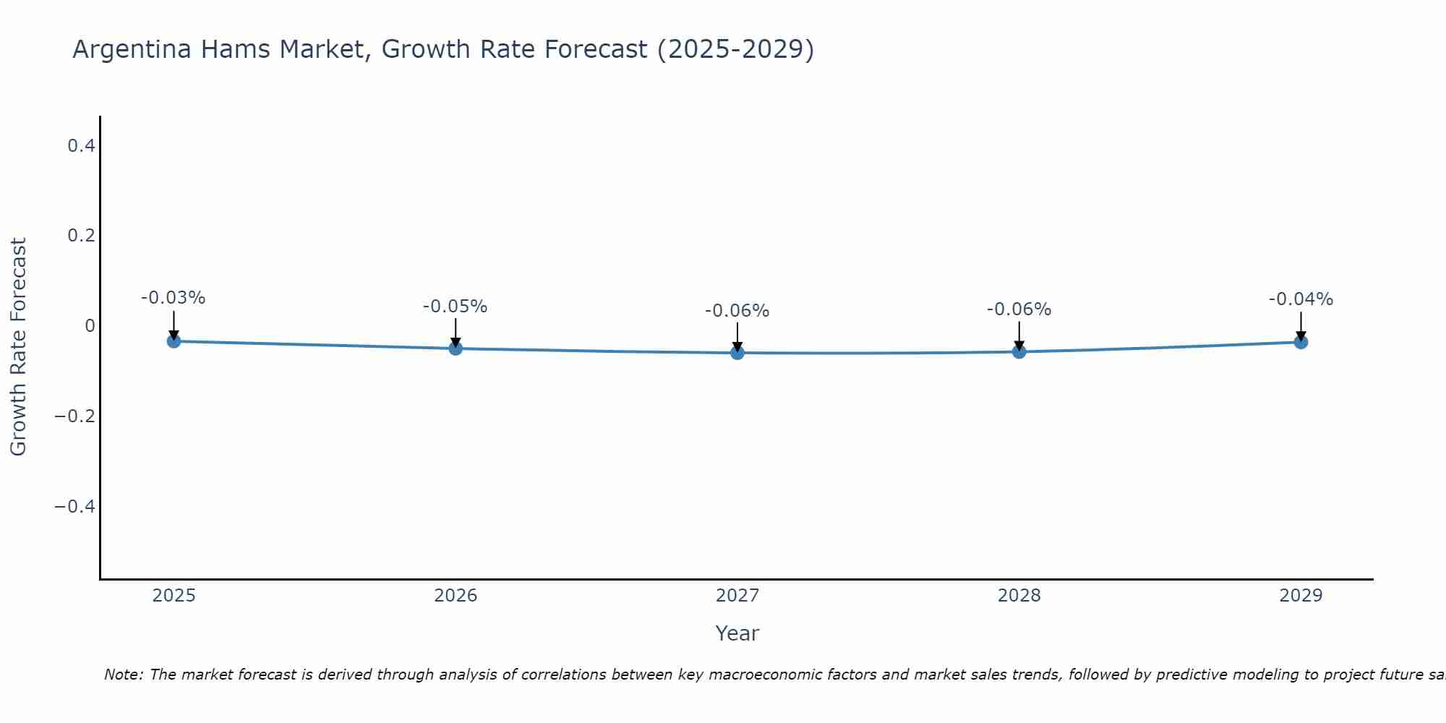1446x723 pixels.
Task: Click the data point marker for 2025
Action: pos(174,341)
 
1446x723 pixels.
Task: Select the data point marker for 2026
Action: pos(455,348)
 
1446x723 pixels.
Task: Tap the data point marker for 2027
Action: pos(737,353)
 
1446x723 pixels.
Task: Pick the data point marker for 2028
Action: pos(1019,351)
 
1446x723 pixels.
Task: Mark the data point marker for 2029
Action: pos(1301,342)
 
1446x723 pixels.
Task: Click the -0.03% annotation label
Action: pos(174,298)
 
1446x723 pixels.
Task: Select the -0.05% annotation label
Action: pos(455,307)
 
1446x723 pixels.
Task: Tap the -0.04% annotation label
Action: pos(1301,299)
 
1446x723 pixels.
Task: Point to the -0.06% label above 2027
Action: pos(737,311)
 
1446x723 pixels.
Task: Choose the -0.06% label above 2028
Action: pos(1019,309)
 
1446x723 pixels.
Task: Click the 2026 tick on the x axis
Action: pos(455,596)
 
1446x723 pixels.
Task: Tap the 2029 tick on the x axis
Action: pos(1301,596)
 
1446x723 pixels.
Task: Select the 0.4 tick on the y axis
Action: pos(81,146)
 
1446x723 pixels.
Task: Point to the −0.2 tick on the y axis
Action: pos(74,416)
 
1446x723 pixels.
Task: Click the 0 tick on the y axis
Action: pos(90,326)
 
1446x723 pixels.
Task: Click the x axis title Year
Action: pos(737,633)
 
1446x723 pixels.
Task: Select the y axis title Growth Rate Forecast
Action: pos(18,347)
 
